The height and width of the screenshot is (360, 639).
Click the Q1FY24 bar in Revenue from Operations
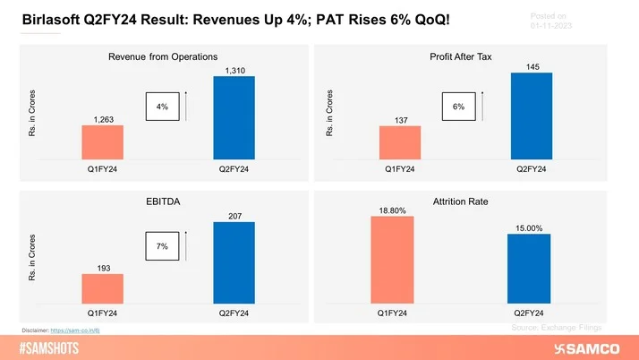click(x=103, y=141)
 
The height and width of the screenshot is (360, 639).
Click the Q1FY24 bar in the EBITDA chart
click(x=103, y=287)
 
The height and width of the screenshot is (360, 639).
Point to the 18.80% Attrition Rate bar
click(x=393, y=259)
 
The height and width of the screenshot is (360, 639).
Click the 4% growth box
click(x=161, y=107)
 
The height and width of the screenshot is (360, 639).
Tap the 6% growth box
click(x=458, y=107)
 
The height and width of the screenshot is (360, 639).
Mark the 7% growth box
click(x=161, y=244)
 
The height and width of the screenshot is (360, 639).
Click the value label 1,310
click(x=234, y=69)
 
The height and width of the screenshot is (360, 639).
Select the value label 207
click(x=234, y=215)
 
